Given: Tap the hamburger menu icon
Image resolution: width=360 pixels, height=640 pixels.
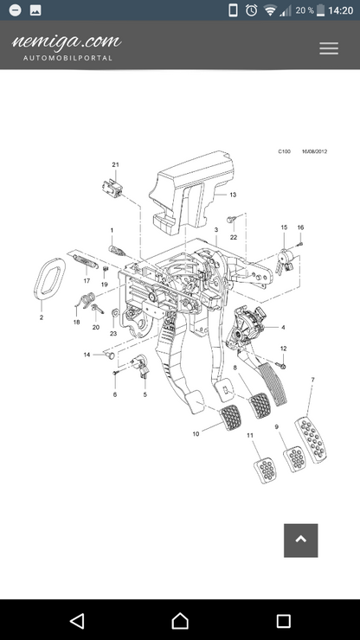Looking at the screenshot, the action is [329, 48].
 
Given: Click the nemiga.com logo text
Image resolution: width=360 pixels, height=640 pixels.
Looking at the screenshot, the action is [67, 42].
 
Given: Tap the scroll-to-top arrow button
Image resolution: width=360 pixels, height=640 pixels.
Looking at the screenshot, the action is [301, 541].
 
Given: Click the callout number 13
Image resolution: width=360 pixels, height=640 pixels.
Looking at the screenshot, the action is [233, 195].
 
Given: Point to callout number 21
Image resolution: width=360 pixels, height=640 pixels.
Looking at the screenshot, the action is [115, 164].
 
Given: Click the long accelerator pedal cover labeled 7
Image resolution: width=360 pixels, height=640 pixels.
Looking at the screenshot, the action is [311, 440].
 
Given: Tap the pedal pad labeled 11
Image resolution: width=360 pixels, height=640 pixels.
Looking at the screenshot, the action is [266, 470].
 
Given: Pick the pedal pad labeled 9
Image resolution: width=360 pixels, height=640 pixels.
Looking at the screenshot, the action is [295, 459].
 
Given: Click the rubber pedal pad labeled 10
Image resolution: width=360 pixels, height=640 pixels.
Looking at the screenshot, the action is [231, 418].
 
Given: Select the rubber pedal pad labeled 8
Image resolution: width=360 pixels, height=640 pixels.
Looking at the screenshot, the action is [260, 406].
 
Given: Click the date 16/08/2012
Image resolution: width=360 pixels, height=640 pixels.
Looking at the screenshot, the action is [315, 151].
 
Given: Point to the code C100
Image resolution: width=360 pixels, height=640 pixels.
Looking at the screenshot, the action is [285, 151].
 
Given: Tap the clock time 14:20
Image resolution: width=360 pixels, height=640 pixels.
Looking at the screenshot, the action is [341, 10].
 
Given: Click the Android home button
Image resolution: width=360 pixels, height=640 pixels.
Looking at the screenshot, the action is [180, 621].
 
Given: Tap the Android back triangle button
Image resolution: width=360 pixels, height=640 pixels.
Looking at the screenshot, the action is [77, 621].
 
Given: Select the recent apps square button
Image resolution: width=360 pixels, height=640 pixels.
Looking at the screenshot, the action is [283, 621].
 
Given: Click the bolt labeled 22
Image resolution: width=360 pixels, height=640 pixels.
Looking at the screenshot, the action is [232, 220].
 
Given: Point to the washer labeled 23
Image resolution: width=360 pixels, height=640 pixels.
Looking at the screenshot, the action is [115, 313].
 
